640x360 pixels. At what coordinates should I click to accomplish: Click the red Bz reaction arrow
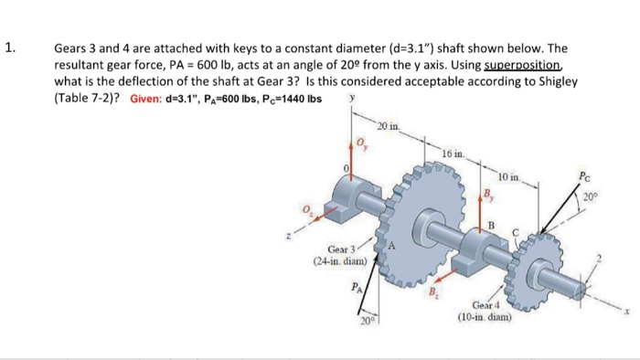(442, 284)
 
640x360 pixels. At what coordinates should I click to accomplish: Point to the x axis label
(628, 310)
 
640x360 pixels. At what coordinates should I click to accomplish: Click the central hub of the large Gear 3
(426, 219)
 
